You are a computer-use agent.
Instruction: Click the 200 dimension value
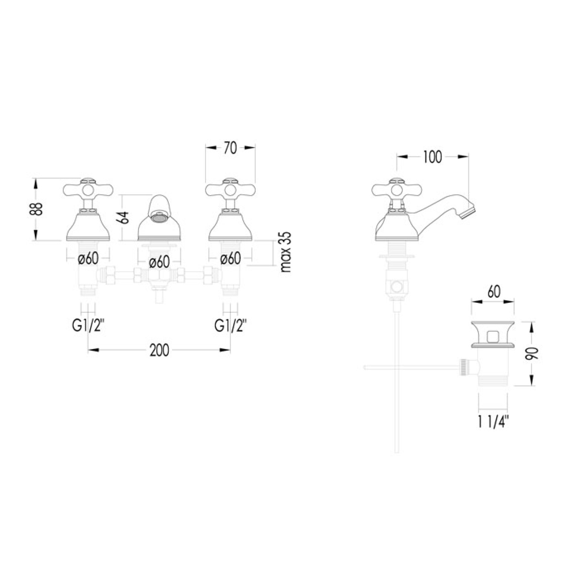pos(160,350)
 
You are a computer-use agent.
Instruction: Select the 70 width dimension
pos(230,148)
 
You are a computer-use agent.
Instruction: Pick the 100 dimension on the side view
pos(432,157)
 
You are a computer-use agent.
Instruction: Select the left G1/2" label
pos(88,325)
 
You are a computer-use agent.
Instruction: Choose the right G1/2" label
pos(230,325)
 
